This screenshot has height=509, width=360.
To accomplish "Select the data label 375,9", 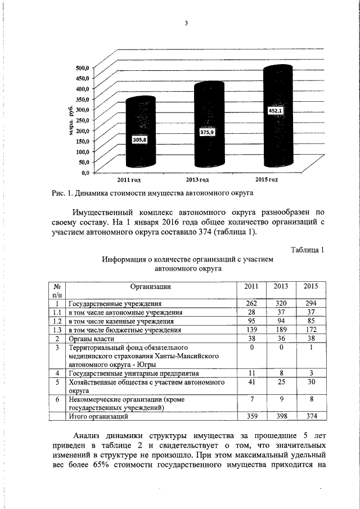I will tap(208, 132).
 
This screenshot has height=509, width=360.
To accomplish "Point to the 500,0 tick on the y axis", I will tap(82, 67).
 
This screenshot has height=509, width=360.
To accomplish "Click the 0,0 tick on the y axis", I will tap(84, 171).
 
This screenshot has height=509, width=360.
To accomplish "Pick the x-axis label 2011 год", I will tap(128, 179).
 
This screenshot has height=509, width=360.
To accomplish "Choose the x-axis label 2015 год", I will tap(267, 179).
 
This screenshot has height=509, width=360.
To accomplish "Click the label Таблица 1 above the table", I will tap(307, 250).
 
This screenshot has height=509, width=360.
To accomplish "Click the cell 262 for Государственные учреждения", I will tap(251, 303).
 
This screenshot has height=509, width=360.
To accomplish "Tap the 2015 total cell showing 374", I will tap(310, 417).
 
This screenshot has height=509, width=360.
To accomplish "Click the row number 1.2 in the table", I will tap(56, 321).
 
